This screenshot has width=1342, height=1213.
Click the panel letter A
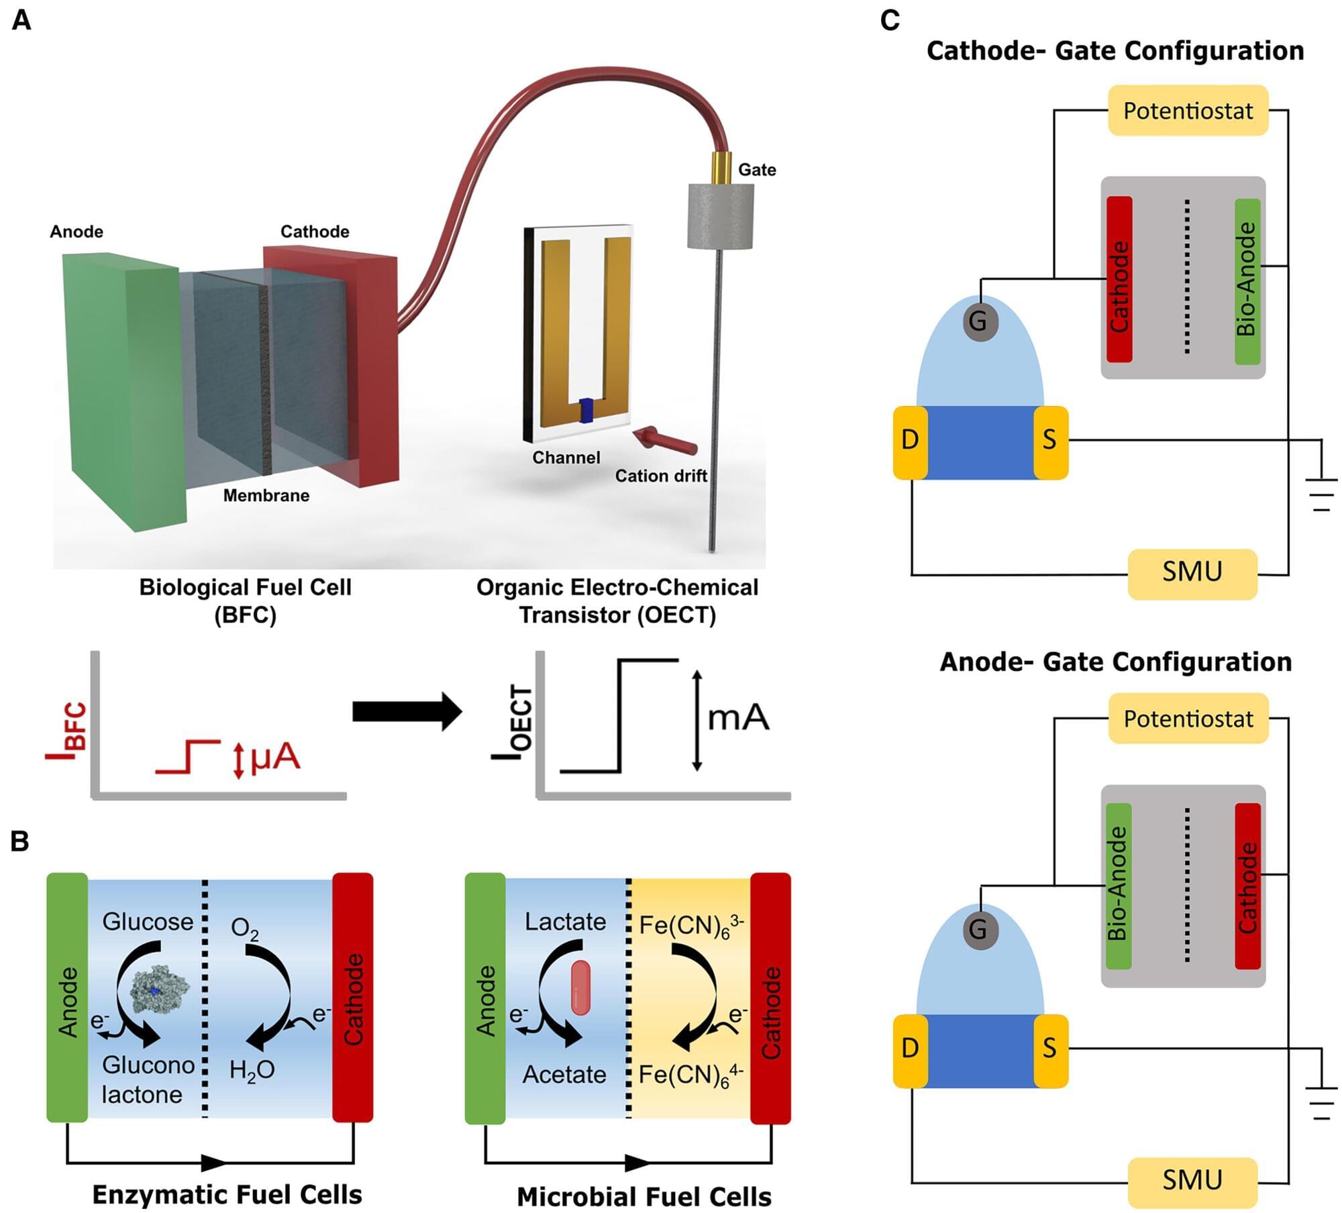click(x=21, y=21)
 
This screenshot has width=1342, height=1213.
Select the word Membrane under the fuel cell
click(x=266, y=496)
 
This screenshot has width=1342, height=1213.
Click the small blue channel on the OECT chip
click(x=587, y=411)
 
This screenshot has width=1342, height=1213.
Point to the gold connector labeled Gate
click(x=722, y=168)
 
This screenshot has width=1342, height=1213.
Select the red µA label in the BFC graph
click(x=274, y=757)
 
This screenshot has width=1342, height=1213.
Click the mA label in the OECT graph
click(x=738, y=718)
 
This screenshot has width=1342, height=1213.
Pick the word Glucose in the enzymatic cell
click(x=148, y=922)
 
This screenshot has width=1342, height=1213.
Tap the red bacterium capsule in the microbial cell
click(x=580, y=987)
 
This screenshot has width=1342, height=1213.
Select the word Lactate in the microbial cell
click(x=565, y=922)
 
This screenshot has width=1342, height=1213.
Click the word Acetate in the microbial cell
click(x=564, y=1074)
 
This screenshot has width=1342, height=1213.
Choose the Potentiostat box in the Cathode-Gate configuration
click(x=1188, y=111)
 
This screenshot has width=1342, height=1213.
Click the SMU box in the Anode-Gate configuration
click(x=1192, y=1179)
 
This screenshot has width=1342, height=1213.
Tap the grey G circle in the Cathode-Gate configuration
click(x=980, y=321)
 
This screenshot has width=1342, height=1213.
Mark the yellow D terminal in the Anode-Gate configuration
click(x=910, y=1047)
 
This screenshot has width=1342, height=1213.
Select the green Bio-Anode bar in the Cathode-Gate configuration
click(x=1247, y=280)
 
